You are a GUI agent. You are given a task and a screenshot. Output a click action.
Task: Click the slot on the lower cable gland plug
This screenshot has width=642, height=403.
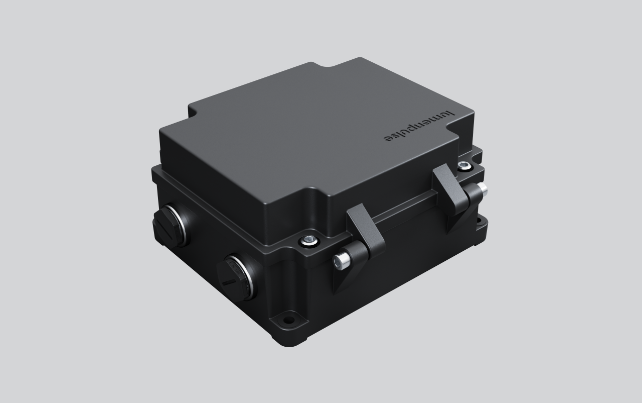[229, 281]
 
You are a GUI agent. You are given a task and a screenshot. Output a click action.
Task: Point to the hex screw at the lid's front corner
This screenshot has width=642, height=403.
[307, 241]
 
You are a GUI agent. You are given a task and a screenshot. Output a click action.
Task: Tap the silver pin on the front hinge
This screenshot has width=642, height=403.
[341, 259]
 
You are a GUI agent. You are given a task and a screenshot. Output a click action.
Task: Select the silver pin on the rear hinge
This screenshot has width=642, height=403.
[482, 189]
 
